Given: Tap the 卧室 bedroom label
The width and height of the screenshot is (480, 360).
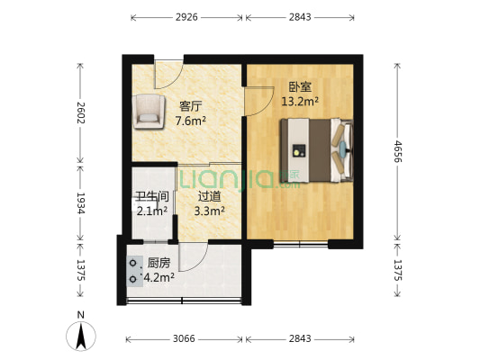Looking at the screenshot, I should [x=299, y=88].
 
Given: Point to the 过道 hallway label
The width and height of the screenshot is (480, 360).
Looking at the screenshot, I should [x=210, y=197].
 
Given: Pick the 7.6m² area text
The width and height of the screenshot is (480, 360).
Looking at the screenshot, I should [x=190, y=120].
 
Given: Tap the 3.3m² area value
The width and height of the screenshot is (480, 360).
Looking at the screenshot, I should [x=210, y=211].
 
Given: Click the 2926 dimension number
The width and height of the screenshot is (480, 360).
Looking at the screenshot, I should [x=187, y=16].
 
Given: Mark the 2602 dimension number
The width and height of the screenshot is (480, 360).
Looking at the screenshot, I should [x=81, y=112].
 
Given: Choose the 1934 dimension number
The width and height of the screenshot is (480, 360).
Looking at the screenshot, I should [x=81, y=202].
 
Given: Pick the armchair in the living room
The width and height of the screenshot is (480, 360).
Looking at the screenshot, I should [x=149, y=111].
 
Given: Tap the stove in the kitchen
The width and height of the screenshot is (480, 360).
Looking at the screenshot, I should [x=133, y=271].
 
